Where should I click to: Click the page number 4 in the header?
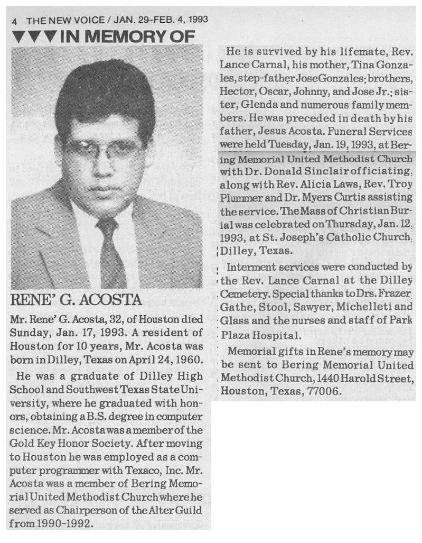[x=16, y=21]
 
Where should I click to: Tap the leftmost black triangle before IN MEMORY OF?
[x=18, y=37]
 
